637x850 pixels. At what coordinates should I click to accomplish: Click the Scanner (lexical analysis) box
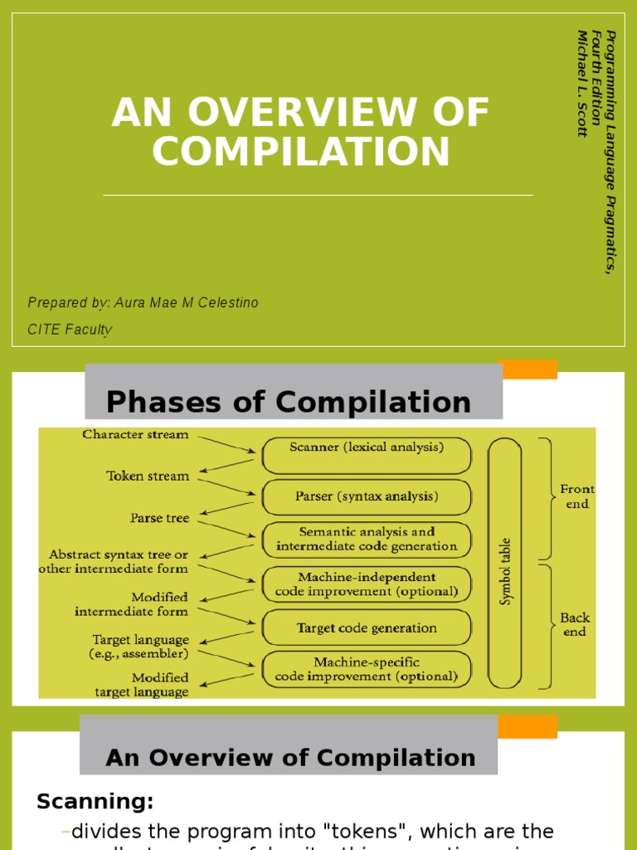click(x=366, y=447)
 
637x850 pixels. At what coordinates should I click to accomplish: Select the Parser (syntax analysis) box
click(x=366, y=496)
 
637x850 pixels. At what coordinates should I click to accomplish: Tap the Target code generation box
click(x=366, y=628)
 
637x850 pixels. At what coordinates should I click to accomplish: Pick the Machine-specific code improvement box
click(x=366, y=669)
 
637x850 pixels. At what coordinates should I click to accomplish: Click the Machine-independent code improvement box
click(x=366, y=584)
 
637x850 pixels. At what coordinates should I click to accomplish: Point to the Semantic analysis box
click(x=366, y=539)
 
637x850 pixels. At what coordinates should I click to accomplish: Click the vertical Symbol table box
click(x=504, y=563)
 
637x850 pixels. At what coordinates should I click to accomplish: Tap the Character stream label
click(x=135, y=434)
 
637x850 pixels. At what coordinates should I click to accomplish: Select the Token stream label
click(x=148, y=476)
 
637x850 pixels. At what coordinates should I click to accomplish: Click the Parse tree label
click(x=159, y=518)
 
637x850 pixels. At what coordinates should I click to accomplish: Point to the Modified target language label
click(x=142, y=685)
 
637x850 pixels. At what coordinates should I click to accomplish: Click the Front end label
click(x=576, y=496)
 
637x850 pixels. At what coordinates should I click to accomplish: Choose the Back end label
click(x=575, y=624)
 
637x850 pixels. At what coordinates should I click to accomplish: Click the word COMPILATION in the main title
click(x=300, y=152)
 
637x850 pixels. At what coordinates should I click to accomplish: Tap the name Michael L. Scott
click(x=582, y=83)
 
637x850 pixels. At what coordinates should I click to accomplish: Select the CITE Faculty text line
click(x=70, y=330)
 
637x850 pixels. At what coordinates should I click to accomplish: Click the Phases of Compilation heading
click(x=289, y=403)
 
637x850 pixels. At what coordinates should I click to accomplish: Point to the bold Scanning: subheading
click(x=95, y=802)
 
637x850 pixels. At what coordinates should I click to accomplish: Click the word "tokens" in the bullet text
click(x=367, y=831)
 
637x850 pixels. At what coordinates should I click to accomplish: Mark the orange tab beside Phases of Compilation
click(x=529, y=369)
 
